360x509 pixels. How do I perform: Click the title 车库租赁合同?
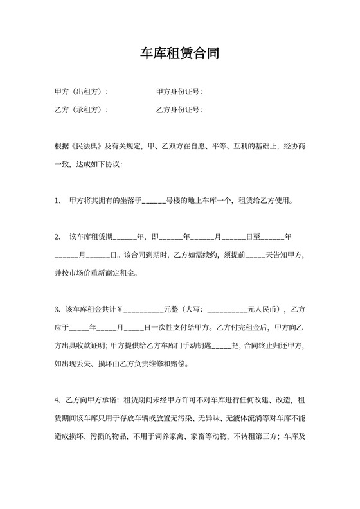point(179,53)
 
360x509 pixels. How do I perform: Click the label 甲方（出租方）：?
point(82,92)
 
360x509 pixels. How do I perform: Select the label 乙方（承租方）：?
point(82,110)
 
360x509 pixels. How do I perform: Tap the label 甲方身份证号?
point(179,92)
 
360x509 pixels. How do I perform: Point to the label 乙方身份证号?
point(179,110)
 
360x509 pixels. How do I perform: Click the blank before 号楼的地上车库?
point(153,201)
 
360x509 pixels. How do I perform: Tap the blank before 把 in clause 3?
point(221,345)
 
